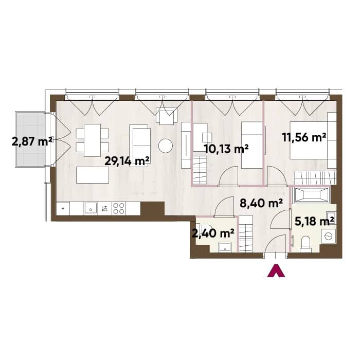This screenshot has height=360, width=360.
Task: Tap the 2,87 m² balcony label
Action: (x=32, y=141)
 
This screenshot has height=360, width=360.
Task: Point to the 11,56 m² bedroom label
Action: (x=304, y=137)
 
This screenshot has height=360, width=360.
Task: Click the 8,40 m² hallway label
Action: (x=261, y=203)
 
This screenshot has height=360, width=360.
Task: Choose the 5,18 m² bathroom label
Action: (x=314, y=222)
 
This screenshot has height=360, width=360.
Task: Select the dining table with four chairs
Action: (x=92, y=140)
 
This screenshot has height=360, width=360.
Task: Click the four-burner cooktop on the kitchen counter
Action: (x=119, y=208)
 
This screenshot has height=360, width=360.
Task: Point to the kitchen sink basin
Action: (x=91, y=208)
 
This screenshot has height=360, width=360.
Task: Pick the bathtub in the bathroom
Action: (x=312, y=195)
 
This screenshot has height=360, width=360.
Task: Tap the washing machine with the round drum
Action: (x=329, y=236)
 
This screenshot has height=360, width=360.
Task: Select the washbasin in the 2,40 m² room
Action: (x=225, y=247)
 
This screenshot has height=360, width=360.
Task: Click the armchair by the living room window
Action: (x=167, y=116)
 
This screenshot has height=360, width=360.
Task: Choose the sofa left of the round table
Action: (x=140, y=146)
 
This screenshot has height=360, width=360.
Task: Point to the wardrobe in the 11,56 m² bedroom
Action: (x=315, y=177)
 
